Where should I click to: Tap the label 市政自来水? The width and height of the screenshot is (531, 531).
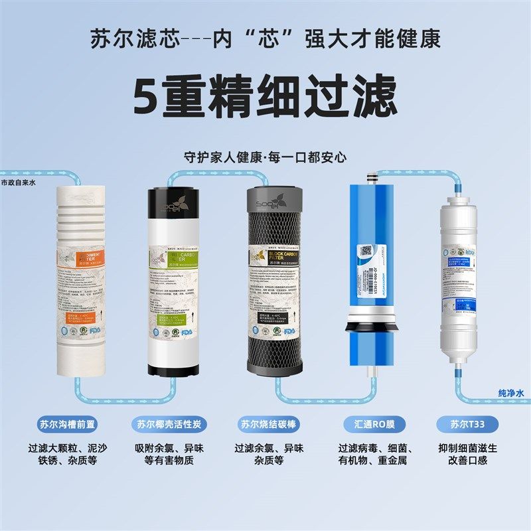[21, 181]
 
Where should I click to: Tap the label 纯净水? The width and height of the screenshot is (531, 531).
[511, 393]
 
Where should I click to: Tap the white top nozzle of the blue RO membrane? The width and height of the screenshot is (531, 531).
[372, 177]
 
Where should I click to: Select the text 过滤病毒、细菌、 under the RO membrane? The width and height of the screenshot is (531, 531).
[370, 447]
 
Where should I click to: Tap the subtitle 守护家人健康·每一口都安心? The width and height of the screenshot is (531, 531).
[266, 158]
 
